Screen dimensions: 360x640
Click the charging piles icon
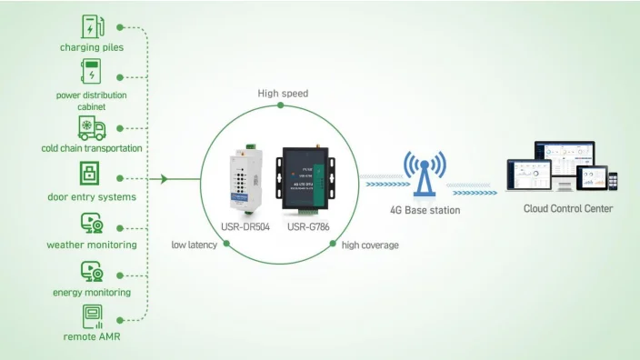91,25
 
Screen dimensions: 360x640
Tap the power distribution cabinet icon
91,72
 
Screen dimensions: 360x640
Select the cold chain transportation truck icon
91,127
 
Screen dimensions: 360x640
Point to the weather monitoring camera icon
91,223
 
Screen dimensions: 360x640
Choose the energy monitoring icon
91,271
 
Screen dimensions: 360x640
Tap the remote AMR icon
92,316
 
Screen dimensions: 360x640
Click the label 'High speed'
283,93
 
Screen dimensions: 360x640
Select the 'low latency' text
194,245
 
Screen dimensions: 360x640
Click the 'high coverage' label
370,245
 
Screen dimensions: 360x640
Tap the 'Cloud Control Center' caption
568,209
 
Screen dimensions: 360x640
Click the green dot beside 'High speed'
280,105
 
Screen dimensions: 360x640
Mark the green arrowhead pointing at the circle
164,179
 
